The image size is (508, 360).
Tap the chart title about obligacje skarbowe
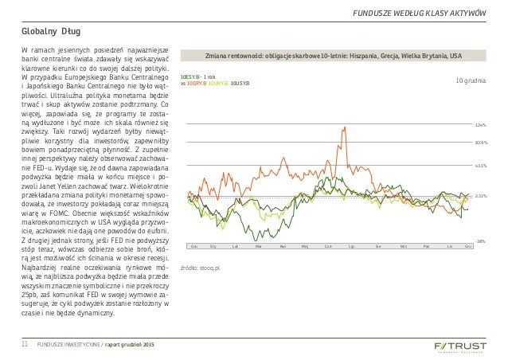point(332,57)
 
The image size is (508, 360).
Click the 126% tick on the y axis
point(480,125)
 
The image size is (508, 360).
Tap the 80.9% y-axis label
point(480,143)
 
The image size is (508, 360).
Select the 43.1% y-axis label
point(480,166)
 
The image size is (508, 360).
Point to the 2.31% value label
point(480,195)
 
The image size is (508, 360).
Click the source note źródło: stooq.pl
point(200,269)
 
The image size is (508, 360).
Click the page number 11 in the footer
point(24,343)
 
